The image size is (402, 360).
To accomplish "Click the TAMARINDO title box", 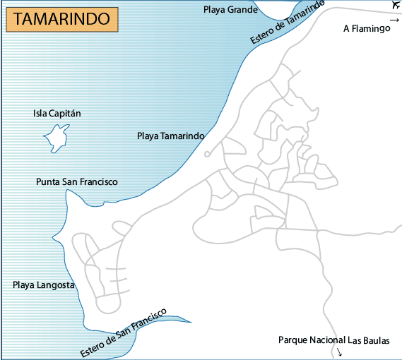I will (61, 19).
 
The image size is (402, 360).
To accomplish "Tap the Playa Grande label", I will (230, 9).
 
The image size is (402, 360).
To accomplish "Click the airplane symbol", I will (394, 6).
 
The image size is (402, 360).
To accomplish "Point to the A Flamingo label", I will (367, 29).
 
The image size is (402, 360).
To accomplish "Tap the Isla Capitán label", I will (58, 113).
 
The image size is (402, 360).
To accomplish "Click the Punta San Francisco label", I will (76, 181).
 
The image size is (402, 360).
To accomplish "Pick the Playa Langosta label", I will (43, 284).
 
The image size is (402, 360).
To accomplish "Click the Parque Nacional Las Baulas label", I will (333, 340).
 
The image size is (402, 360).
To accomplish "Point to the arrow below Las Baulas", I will (341, 352).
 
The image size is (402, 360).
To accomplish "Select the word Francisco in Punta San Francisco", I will (97, 181).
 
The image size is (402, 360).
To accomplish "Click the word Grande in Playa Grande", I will (242, 9).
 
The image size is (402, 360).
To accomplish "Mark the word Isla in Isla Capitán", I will (41, 113).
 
